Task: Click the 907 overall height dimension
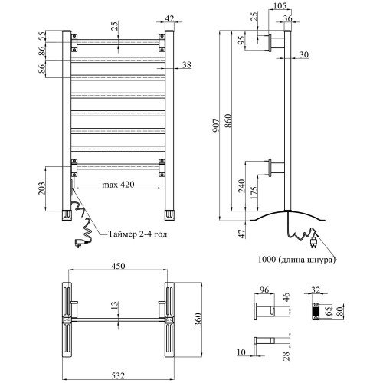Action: tap(216, 126)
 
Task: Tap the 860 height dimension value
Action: tap(228, 121)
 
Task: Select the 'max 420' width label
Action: tap(118, 184)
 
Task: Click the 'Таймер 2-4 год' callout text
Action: tap(138, 234)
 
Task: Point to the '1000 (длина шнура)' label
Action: tap(296, 260)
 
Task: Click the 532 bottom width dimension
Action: tap(118, 375)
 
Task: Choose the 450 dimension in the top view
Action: tap(118, 266)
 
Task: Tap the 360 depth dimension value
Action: tap(198, 319)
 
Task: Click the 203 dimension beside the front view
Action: tap(41, 188)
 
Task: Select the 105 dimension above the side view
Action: tap(280, 5)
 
